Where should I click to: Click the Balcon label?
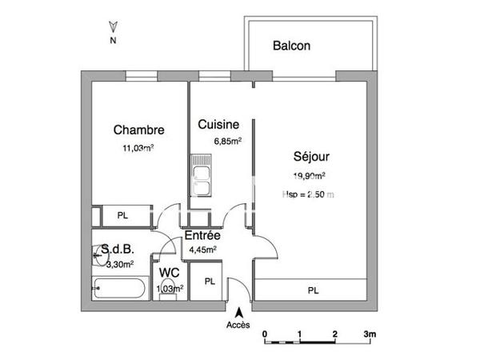291,46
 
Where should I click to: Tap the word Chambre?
138,130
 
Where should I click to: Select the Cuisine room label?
218,125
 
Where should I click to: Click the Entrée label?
202,236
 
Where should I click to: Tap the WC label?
169,274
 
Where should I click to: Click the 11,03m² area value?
138,147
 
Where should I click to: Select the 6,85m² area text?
227,141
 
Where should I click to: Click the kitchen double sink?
201,180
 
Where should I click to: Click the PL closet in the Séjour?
312,290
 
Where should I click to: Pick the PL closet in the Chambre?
122,216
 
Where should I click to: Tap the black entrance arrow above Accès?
238,311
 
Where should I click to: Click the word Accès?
238,324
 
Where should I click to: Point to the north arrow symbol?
113,28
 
